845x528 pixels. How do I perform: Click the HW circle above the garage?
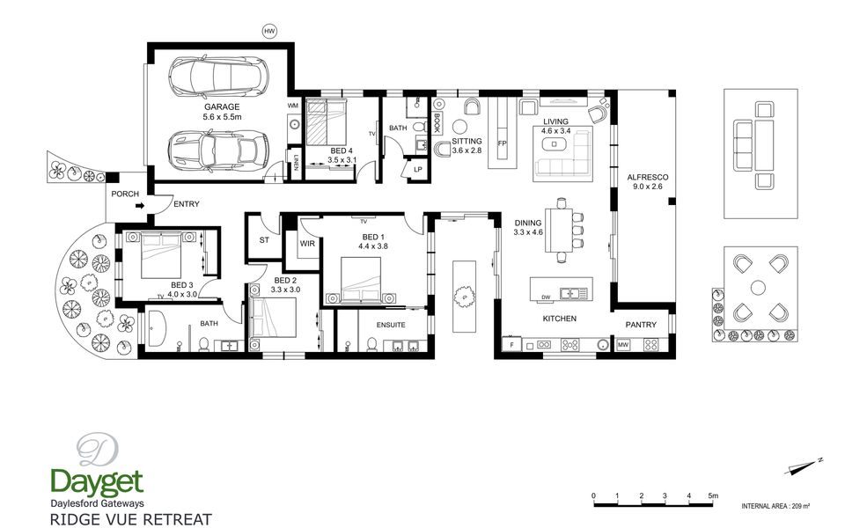click(x=269, y=32)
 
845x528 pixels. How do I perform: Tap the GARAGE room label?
click(x=222, y=107)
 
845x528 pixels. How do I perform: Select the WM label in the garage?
click(x=292, y=106)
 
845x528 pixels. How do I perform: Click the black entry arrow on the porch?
click(x=140, y=205)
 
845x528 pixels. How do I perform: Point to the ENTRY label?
click(x=187, y=204)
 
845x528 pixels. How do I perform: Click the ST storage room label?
click(x=264, y=240)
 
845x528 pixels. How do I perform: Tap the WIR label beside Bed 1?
click(x=307, y=244)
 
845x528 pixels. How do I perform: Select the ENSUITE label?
click(x=391, y=325)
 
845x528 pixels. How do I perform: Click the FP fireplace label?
click(x=503, y=143)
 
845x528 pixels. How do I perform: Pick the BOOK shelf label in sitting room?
click(x=437, y=123)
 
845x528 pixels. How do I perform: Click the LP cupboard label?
click(x=417, y=169)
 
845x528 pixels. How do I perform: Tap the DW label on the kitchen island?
click(x=546, y=297)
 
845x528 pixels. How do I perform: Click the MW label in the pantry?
click(x=623, y=345)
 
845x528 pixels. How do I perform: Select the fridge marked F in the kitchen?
click(x=511, y=345)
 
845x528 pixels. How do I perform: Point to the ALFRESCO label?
click(x=648, y=177)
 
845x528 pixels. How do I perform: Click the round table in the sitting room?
click(x=459, y=127)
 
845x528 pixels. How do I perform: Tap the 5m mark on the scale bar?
click(x=713, y=495)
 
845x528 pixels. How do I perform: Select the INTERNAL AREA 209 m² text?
click(x=776, y=506)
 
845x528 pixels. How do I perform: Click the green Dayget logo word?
click(x=97, y=482)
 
